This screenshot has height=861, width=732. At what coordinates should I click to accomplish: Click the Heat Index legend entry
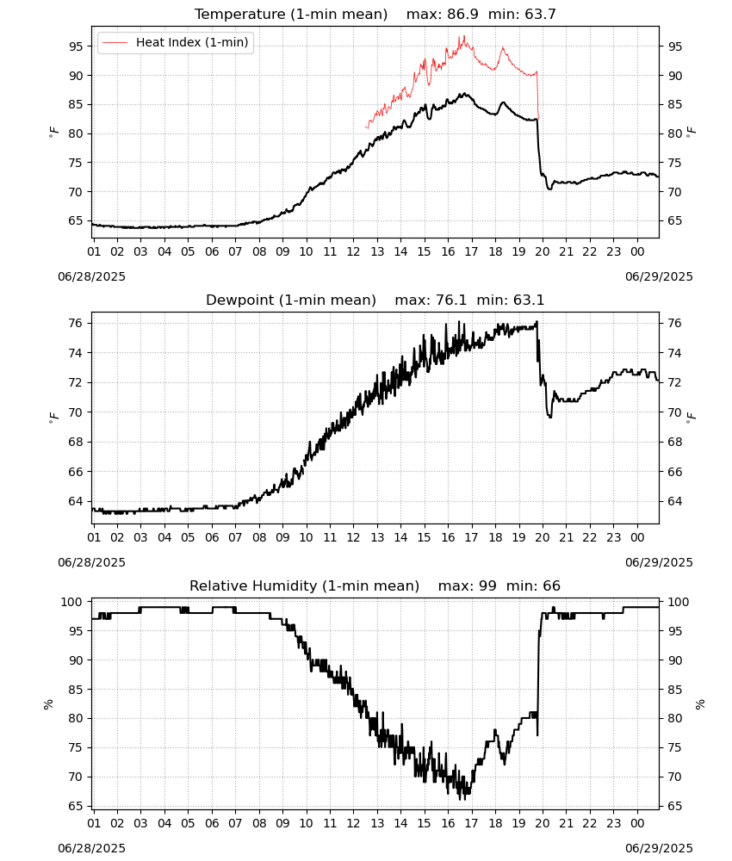pyautogui.click(x=175, y=42)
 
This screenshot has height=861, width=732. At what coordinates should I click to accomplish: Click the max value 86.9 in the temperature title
pyautogui.click(x=463, y=14)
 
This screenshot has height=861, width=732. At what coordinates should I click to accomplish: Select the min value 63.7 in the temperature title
pyautogui.click(x=540, y=14)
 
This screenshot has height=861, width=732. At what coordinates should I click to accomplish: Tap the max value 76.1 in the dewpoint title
pyautogui.click(x=451, y=300)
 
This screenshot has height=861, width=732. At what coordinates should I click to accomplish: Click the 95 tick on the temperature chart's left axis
pyautogui.click(x=76, y=46)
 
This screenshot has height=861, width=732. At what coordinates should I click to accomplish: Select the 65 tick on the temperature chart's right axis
pyautogui.click(x=675, y=220)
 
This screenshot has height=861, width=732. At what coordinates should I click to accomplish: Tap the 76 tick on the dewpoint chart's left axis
pyautogui.click(x=76, y=323)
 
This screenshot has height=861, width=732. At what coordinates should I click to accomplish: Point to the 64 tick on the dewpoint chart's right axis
pyautogui.click(x=675, y=501)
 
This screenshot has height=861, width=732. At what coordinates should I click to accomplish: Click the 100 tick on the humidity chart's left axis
pyautogui.click(x=71, y=602)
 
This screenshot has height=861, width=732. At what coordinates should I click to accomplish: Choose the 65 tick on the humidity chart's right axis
pyautogui.click(x=675, y=806)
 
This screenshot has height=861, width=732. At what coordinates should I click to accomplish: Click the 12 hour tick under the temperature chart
pyautogui.click(x=353, y=251)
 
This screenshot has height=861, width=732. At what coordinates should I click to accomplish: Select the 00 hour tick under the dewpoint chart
pyautogui.click(x=637, y=537)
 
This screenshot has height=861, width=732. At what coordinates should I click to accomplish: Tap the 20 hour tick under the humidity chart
pyautogui.click(x=543, y=823)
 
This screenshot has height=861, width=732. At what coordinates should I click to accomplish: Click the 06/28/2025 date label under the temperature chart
pyautogui.click(x=91, y=276)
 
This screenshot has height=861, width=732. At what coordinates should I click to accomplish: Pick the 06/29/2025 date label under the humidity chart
pyautogui.click(x=659, y=848)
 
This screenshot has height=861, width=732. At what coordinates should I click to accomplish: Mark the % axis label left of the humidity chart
pyautogui.click(x=48, y=704)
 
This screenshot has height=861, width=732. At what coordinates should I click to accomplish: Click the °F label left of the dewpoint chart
pyautogui.click(x=53, y=418)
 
